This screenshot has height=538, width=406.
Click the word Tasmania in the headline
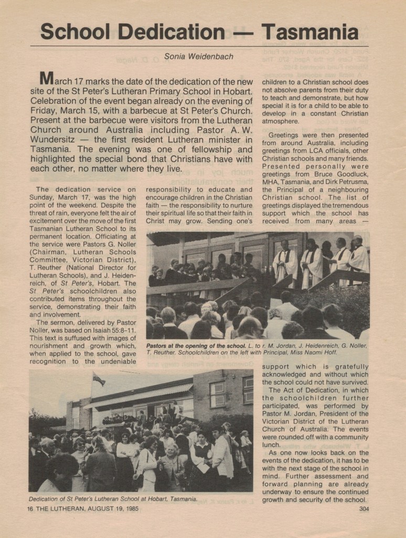[310, 32]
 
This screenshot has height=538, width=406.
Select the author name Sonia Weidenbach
[199, 56]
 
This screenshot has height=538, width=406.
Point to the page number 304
[364, 508]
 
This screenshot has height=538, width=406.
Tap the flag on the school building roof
[98, 379]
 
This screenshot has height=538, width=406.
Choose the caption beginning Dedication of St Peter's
[113, 499]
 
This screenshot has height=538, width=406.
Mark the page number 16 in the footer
[30, 508]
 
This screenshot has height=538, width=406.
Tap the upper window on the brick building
[218, 389]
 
